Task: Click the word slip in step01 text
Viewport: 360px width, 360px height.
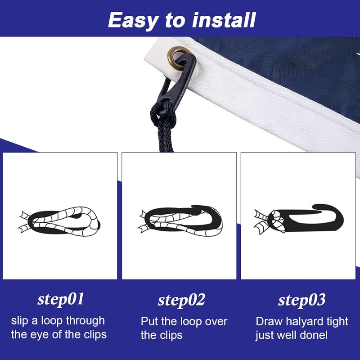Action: (x=21, y=321)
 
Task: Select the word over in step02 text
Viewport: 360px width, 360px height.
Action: (x=216, y=321)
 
